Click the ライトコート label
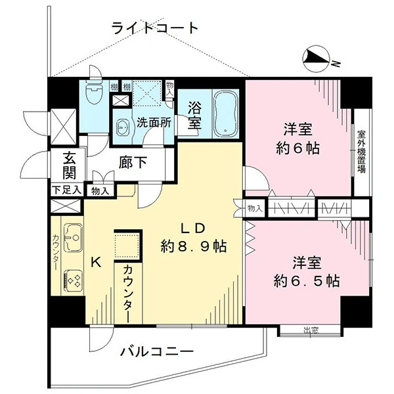(x=154, y=28)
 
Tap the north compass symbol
(x=317, y=59)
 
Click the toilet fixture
(x=93, y=93)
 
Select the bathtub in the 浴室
(x=226, y=113)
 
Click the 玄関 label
(x=69, y=165)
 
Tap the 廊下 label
(x=133, y=162)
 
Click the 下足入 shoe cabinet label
(x=66, y=190)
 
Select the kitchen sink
(x=73, y=238)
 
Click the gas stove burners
(x=74, y=280)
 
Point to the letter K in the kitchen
(x=96, y=263)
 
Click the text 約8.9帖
(x=194, y=246)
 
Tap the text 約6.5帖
(x=307, y=281)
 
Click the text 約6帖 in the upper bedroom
(x=297, y=148)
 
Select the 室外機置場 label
(x=362, y=151)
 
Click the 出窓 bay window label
(x=311, y=330)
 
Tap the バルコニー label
(x=156, y=352)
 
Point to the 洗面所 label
(x=154, y=123)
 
